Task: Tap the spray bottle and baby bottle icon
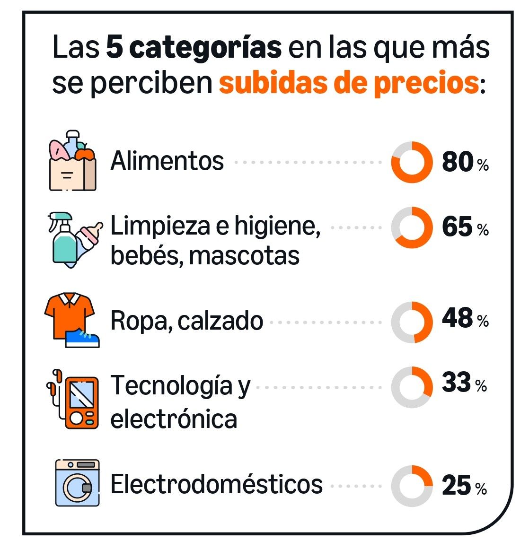(73, 239)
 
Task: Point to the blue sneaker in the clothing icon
(83, 339)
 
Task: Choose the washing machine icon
(77, 483)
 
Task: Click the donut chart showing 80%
(412, 162)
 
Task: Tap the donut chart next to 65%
(412, 227)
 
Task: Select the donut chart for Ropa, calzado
(412, 322)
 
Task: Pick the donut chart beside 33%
(412, 387)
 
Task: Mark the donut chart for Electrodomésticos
(412, 486)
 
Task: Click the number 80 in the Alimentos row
(458, 162)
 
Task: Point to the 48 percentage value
(458, 318)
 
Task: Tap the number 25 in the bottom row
(457, 486)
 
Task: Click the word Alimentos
(167, 161)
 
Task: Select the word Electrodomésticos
(216, 484)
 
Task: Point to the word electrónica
(173, 419)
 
